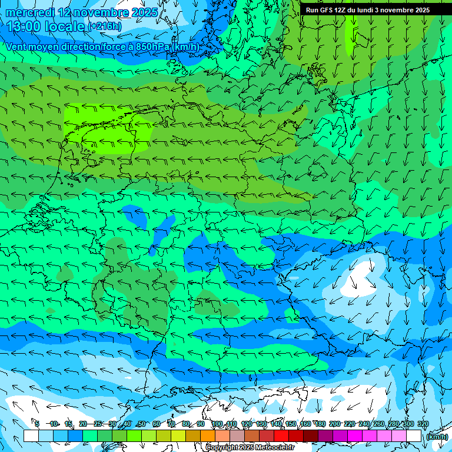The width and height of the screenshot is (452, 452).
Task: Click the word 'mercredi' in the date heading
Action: (x=31, y=12)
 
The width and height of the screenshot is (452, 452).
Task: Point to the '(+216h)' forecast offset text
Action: (x=105, y=26)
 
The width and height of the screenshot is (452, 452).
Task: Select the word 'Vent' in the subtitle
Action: (x=18, y=46)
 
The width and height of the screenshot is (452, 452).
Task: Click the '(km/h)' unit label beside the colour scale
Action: (x=436, y=437)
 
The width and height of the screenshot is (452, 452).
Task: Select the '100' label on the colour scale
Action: (x=217, y=424)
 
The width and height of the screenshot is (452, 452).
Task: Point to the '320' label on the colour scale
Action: (x=423, y=424)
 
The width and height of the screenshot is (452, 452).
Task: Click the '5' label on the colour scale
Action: (x=36, y=424)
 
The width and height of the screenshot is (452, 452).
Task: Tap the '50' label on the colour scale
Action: (x=141, y=424)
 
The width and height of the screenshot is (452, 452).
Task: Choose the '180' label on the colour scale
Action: (x=320, y=424)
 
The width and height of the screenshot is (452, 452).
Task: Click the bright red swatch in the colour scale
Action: (x=281, y=436)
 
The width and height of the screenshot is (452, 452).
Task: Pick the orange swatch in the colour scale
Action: (x=207, y=436)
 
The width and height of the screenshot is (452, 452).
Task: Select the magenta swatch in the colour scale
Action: (x=354, y=436)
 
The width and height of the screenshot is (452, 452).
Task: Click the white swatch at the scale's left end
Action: (x=31, y=436)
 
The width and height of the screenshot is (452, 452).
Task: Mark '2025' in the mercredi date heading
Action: (x=144, y=12)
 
